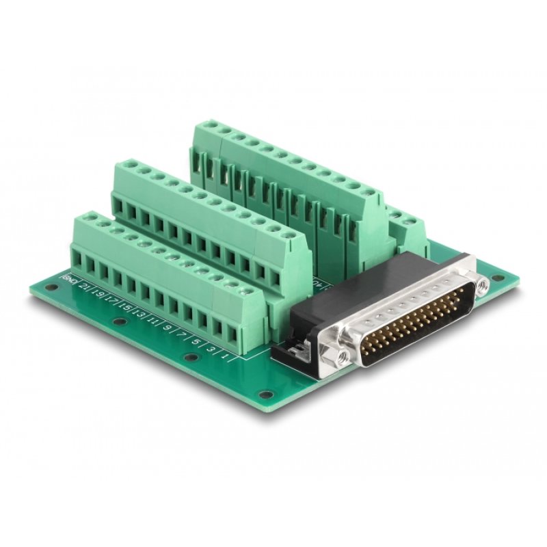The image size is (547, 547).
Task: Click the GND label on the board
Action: coord(68,278)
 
